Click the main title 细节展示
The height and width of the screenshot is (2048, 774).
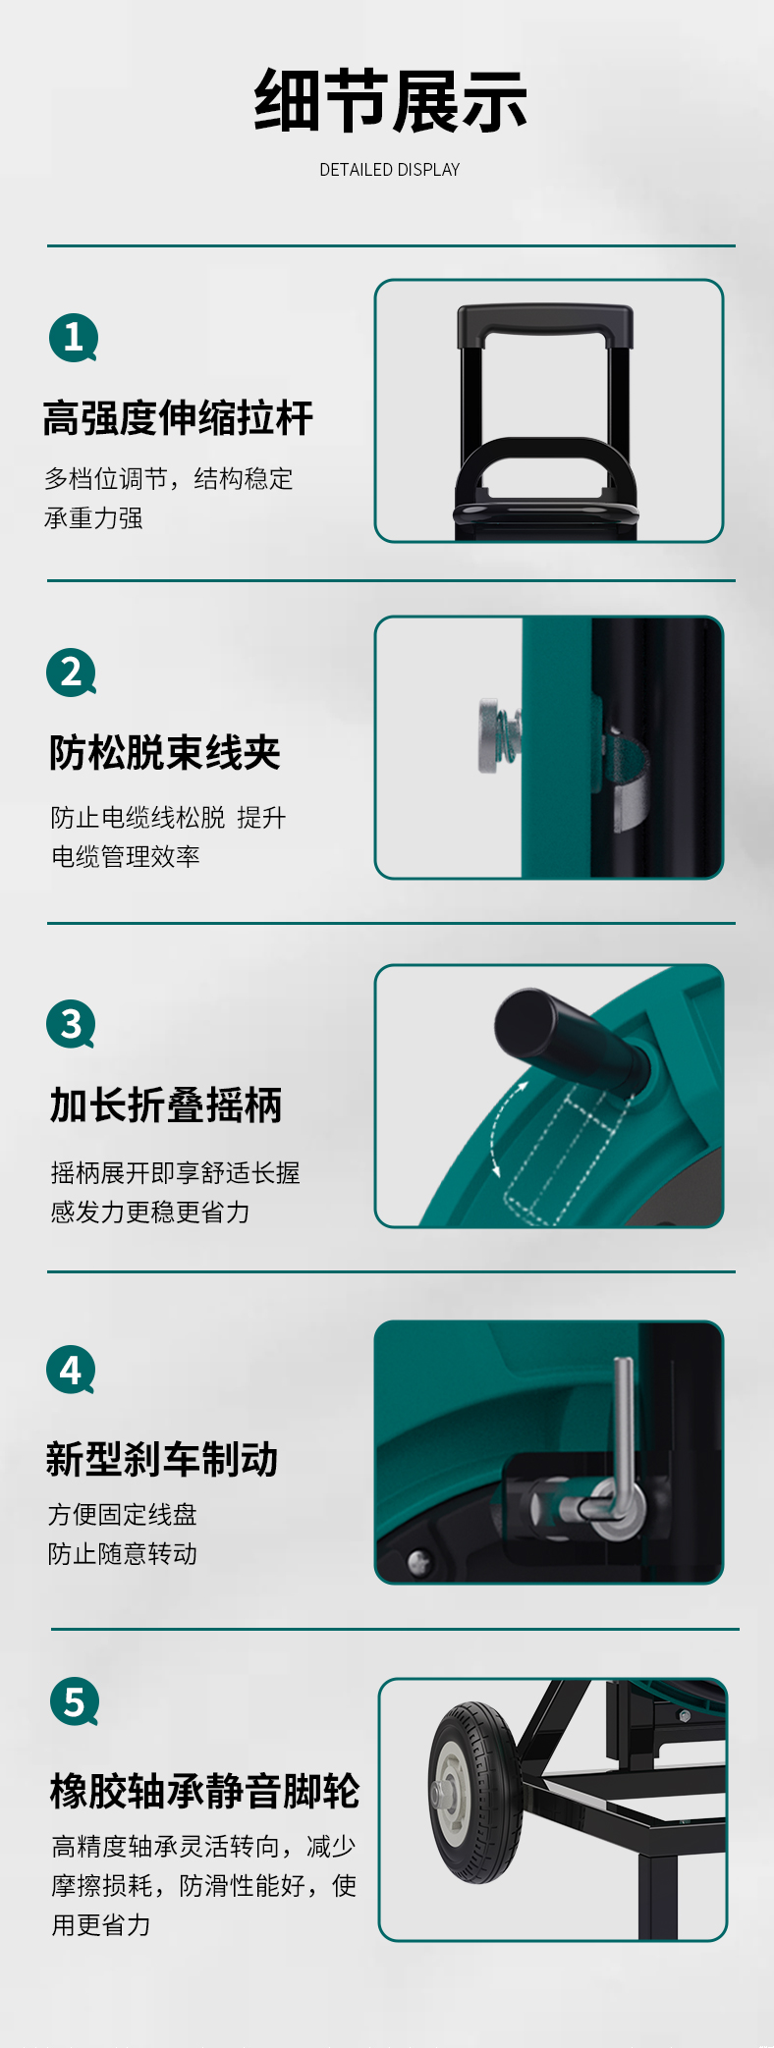[390, 101]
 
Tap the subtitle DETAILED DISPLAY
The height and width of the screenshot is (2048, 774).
[390, 170]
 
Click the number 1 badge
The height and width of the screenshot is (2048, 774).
[74, 338]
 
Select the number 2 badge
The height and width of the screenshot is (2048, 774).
[71, 673]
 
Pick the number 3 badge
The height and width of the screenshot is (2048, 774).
[71, 1024]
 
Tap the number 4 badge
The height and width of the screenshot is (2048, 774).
[71, 1370]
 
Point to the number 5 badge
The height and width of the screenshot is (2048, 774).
[75, 1701]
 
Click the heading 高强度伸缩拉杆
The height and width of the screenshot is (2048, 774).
[178, 418]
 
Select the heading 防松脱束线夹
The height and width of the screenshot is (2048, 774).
[165, 753]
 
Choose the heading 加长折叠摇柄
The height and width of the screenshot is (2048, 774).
[166, 1105]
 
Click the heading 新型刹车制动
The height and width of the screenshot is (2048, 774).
[162, 1459]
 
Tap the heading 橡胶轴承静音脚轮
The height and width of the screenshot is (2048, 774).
[205, 1791]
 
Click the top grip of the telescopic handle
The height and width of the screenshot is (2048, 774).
[545, 324]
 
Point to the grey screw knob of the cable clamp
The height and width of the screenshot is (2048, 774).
[489, 736]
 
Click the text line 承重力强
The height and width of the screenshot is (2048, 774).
[93, 518]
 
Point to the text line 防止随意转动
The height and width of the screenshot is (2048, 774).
[123, 1554]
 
